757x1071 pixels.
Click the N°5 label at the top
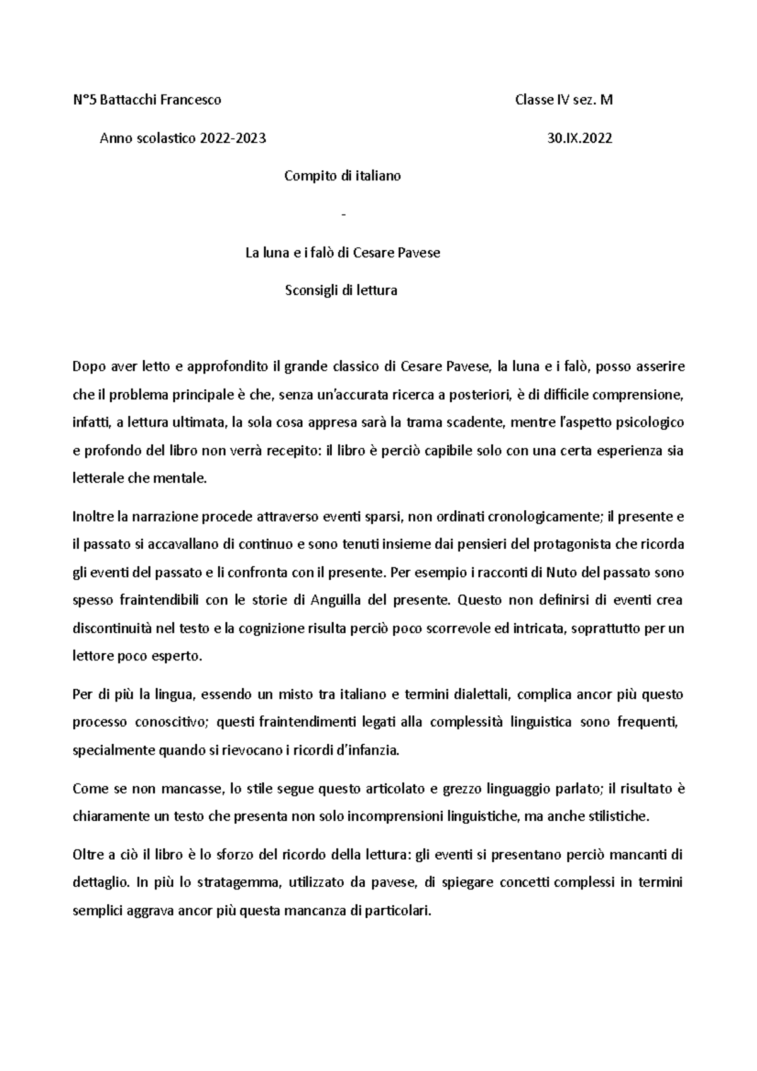click(x=82, y=100)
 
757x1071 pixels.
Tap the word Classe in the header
click(x=534, y=100)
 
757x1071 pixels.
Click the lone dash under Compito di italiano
click(x=343, y=215)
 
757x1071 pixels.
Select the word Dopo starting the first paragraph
click(x=86, y=367)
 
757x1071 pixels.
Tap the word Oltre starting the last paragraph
click(x=87, y=855)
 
